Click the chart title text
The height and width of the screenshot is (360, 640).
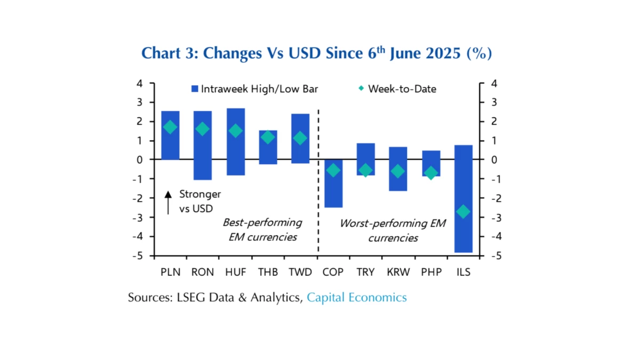coord(316,53)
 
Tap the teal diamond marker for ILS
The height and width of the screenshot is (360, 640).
coord(463,212)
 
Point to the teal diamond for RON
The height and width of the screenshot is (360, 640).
coord(203,129)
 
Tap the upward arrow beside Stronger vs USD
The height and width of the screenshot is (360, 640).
coord(168,202)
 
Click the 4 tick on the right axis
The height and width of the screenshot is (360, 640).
coord(493,83)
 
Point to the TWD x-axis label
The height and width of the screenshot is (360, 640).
coord(300,272)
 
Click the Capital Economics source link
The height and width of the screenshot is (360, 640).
coord(356,298)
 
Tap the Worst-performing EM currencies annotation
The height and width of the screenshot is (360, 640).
coord(393,230)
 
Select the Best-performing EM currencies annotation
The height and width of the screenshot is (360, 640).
coord(262,229)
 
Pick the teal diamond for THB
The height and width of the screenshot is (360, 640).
coord(268,137)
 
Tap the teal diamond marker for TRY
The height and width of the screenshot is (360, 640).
coord(366,171)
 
